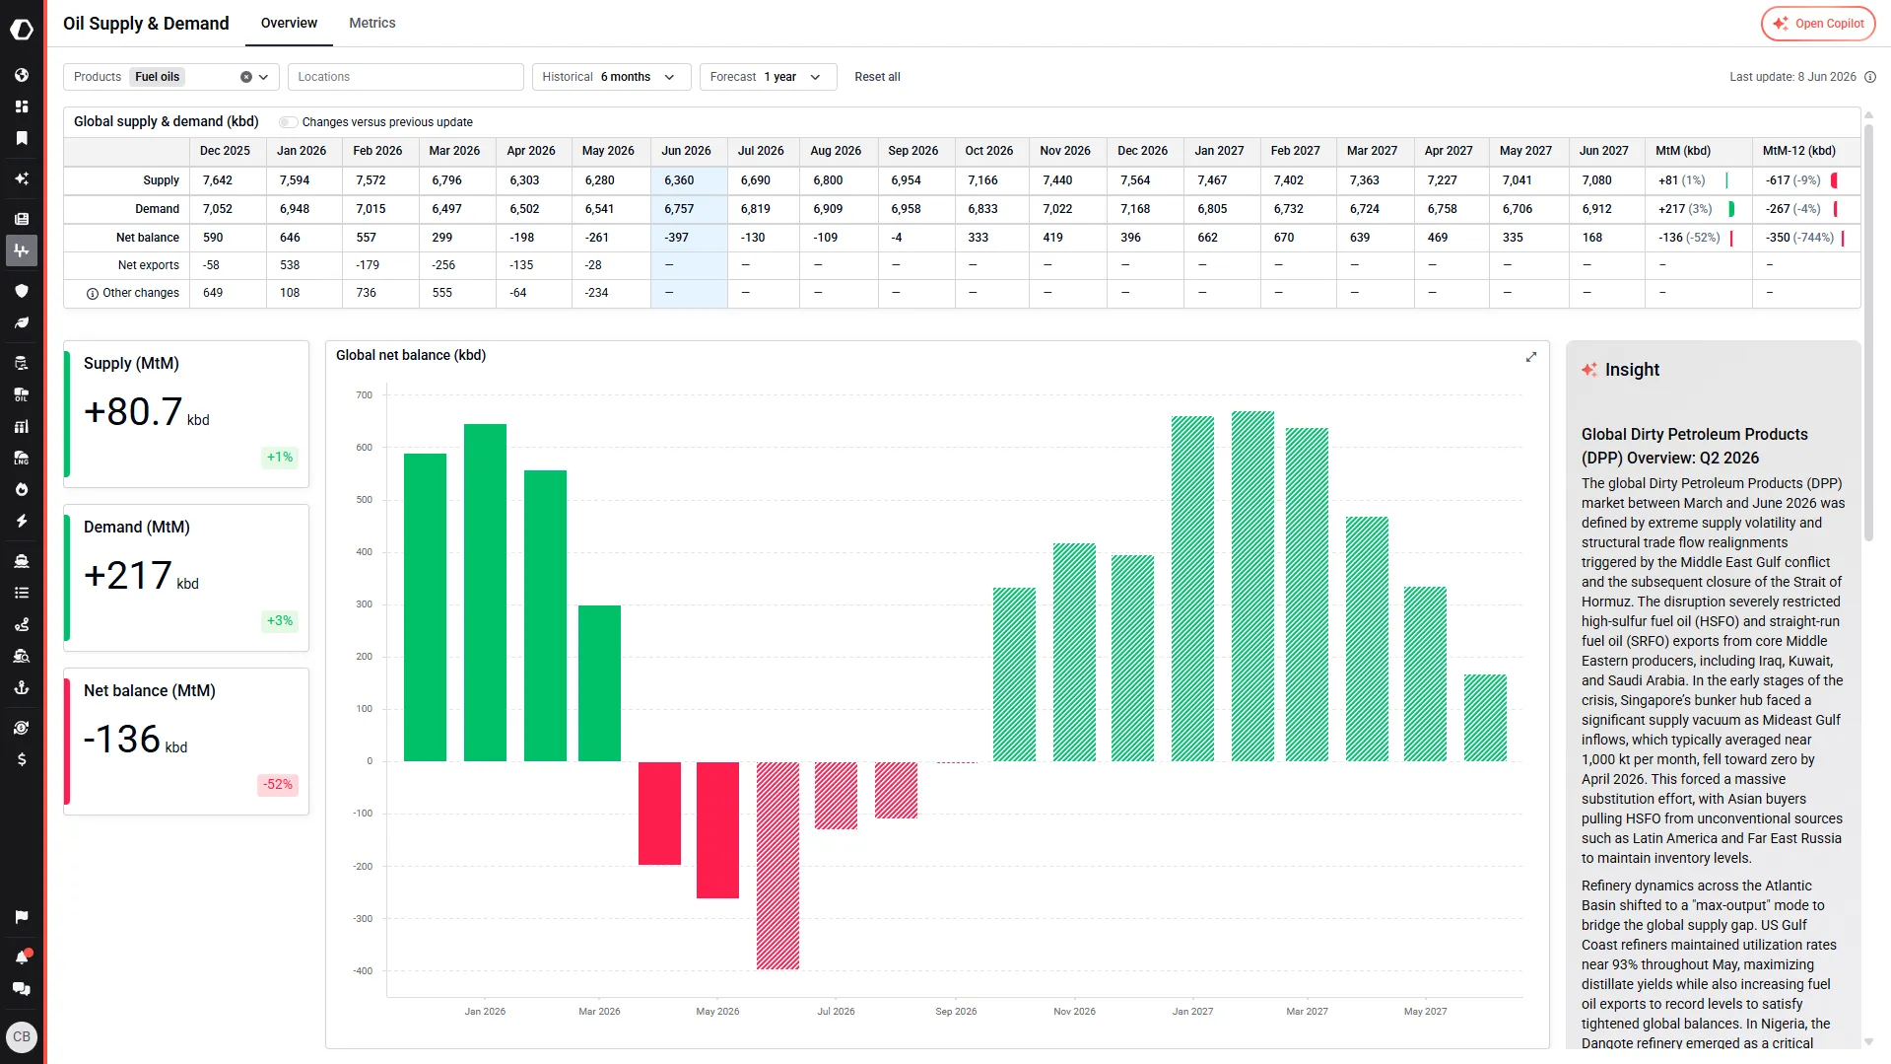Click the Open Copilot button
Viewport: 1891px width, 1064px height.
pos(1818,24)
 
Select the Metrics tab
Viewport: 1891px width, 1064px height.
pos(372,23)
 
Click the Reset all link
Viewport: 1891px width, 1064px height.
pos(877,77)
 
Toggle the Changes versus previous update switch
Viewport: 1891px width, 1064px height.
pos(289,122)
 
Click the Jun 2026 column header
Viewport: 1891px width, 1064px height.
pos(686,151)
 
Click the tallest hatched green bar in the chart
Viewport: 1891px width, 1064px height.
pos(1252,586)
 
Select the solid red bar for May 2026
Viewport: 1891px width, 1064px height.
pos(717,829)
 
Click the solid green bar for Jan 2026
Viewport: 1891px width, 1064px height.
pos(485,593)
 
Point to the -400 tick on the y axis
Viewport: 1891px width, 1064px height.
pos(363,971)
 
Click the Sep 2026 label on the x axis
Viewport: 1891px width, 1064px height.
pos(956,1012)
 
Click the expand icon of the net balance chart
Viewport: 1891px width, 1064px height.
pos(1531,357)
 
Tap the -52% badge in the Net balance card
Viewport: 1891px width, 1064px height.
pos(278,785)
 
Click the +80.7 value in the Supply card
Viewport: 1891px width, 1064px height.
pos(133,412)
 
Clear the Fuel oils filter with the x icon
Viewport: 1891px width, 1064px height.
pos(246,77)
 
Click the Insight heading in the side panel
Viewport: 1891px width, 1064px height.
pos(1632,370)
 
